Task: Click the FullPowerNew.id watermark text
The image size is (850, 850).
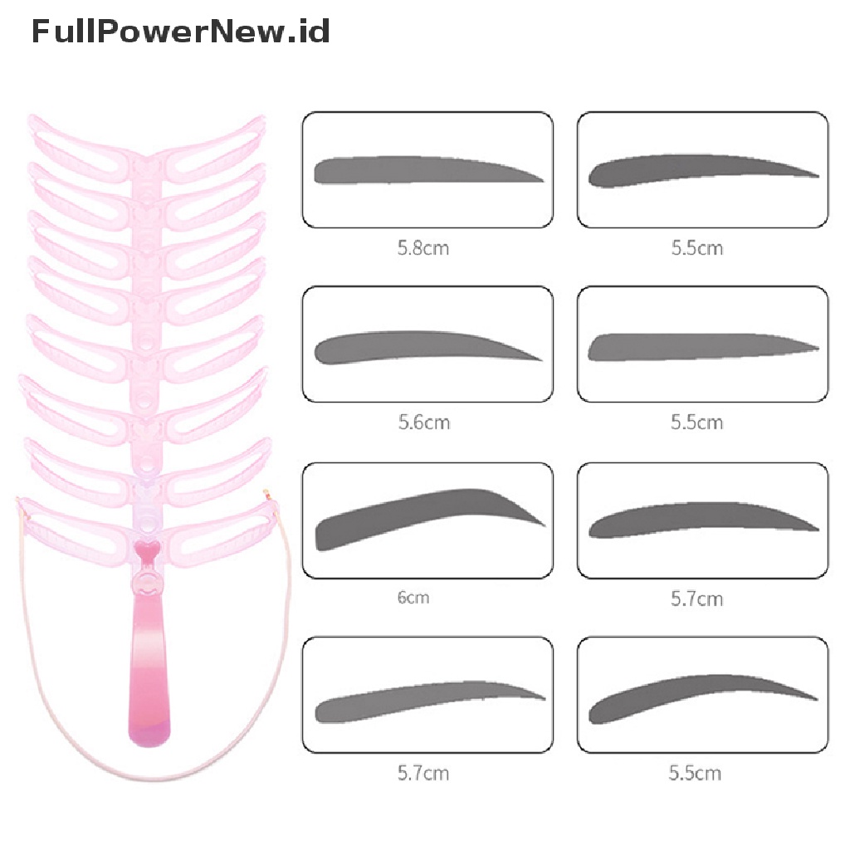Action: (181, 32)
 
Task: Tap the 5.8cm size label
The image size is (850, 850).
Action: (423, 247)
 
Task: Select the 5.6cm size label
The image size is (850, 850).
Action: (423, 422)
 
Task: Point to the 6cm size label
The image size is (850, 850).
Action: (413, 597)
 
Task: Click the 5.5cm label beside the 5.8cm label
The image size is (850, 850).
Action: (696, 247)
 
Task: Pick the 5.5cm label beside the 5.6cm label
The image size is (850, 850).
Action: (696, 422)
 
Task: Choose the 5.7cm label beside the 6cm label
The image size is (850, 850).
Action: (696, 598)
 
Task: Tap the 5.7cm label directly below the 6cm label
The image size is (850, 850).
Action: (423, 773)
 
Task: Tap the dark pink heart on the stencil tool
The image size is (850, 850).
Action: (147, 550)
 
